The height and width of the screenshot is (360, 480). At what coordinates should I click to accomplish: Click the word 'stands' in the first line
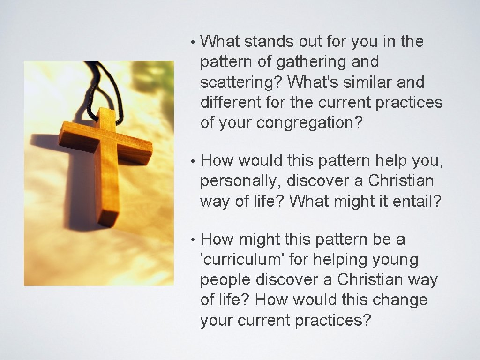click(269, 42)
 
